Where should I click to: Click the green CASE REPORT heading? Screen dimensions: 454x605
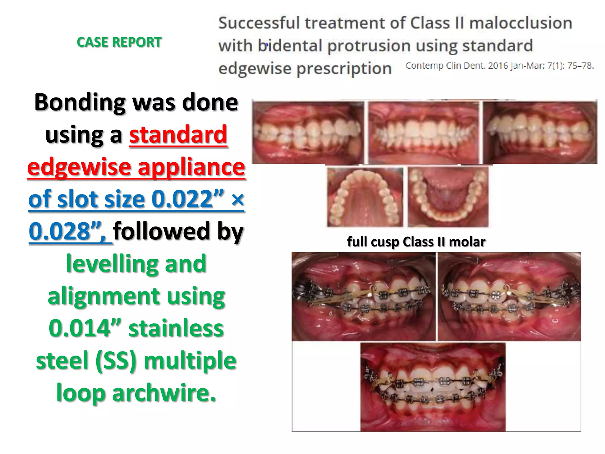click(x=119, y=42)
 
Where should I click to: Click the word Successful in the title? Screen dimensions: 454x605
click(x=259, y=23)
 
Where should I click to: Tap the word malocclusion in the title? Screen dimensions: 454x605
click(x=521, y=23)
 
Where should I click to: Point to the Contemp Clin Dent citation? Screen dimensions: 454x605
click(x=499, y=66)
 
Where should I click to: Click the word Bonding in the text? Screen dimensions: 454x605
click(x=80, y=102)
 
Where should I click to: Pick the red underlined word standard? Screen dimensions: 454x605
click(x=178, y=135)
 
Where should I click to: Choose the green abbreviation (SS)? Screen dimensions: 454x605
click(x=116, y=361)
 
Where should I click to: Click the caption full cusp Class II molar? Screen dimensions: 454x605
click(x=416, y=242)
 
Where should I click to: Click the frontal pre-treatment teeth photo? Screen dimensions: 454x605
click(x=423, y=132)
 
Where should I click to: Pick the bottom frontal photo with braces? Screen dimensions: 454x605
click(x=433, y=387)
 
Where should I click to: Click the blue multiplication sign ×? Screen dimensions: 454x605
click(x=238, y=200)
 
